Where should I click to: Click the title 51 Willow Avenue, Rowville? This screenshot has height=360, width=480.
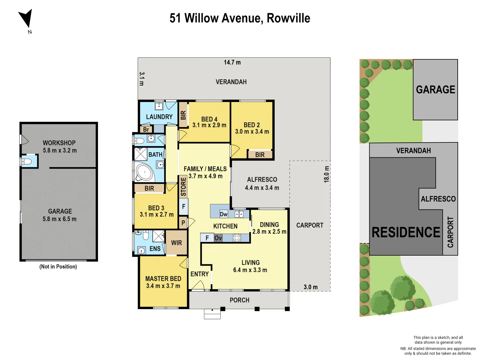(240, 18)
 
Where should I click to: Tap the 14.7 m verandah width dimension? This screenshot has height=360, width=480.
(232, 62)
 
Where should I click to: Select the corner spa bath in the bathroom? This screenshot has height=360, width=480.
(144, 172)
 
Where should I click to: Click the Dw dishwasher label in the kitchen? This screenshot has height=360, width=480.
(223, 214)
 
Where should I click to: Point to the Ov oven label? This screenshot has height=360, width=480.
(218, 238)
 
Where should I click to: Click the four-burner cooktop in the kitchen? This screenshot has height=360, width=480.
(237, 238)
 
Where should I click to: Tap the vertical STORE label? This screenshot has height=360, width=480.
(183, 186)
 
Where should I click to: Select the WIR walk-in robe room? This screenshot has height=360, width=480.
(176, 243)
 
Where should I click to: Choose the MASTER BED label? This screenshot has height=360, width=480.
(163, 279)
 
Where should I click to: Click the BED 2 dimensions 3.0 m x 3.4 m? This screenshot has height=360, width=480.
(252, 132)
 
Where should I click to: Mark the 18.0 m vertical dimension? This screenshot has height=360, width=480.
(327, 174)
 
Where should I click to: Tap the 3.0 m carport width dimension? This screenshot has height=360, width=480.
(310, 287)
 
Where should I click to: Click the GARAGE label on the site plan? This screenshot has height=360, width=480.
(435, 90)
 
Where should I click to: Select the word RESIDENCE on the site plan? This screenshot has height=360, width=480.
(406, 232)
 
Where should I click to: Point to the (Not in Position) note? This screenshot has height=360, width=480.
(58, 267)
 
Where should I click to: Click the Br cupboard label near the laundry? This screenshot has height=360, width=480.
(146, 130)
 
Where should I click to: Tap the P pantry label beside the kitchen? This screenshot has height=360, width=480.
(183, 223)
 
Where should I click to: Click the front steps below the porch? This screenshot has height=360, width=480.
(212, 314)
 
